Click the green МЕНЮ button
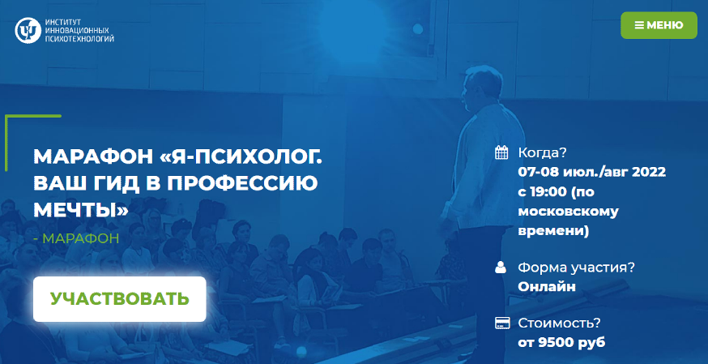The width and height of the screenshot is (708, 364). click(659, 25)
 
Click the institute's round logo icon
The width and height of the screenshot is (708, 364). click(28, 30)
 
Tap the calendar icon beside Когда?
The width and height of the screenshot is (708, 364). click(501, 152)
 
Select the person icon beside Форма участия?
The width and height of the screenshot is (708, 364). click(501, 267)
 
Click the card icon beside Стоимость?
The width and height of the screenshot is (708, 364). click(501, 323)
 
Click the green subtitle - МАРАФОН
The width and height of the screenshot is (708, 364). click(76, 238)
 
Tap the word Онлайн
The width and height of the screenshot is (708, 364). click(547, 286)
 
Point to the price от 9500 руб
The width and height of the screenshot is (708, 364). click(561, 342)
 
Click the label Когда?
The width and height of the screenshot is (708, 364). click(542, 152)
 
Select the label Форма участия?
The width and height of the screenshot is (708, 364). click(576, 267)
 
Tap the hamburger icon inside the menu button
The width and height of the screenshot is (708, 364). click(639, 25)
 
